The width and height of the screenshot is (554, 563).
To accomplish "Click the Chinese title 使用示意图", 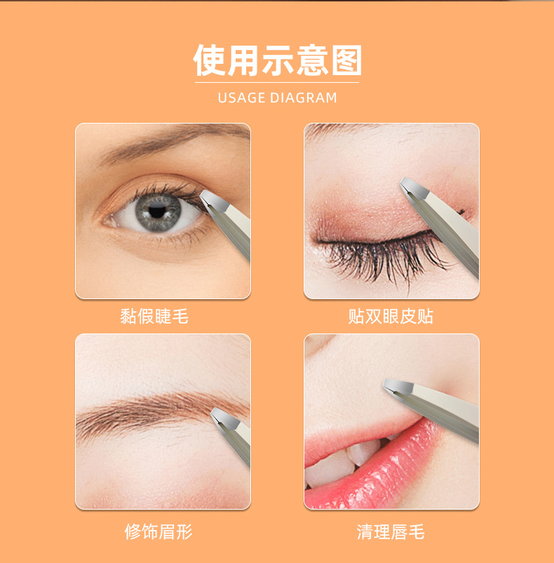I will click(277, 61).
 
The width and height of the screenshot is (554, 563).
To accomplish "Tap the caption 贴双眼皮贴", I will click(391, 317).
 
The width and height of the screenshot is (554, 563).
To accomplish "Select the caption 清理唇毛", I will click(391, 531).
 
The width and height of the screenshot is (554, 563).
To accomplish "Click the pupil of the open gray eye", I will click(156, 208).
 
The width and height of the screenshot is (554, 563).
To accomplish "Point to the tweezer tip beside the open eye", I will click(204, 194).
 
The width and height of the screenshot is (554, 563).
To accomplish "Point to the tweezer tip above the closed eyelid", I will click(405, 183).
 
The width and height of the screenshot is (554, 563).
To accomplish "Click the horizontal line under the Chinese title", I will click(277, 83).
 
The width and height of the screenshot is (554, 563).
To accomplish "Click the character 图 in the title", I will click(344, 61).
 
